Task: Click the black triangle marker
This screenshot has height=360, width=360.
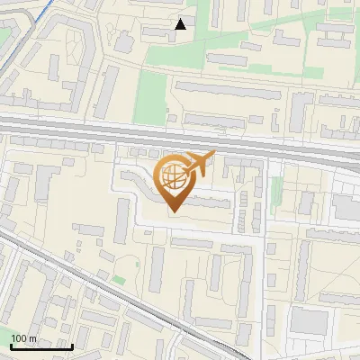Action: (181, 24)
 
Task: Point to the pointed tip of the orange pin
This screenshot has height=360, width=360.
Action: (172, 212)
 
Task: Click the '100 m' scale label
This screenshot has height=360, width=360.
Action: (23, 338)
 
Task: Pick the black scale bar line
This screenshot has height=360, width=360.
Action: (41, 346)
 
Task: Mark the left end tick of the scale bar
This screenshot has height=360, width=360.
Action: (11, 345)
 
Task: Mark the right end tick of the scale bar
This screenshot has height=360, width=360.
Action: (72, 345)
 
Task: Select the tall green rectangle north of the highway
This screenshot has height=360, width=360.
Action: (151, 97)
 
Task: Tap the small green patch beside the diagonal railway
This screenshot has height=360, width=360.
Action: (119, 281)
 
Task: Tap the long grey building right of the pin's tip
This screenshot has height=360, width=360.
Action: (209, 204)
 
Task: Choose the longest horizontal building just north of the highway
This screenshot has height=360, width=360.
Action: (225, 88)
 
